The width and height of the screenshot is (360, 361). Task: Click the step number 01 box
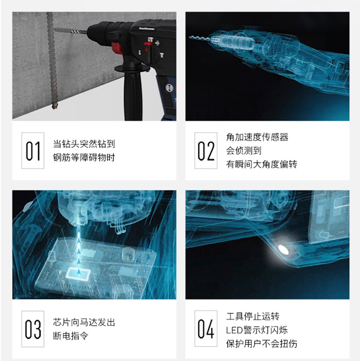(33, 151)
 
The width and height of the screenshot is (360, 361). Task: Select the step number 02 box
(206, 151)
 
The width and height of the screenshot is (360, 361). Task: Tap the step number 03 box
(33, 329)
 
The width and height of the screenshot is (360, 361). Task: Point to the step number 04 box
(206, 329)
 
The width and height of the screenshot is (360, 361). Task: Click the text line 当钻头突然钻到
(84, 144)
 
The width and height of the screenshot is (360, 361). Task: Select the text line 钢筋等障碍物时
(84, 158)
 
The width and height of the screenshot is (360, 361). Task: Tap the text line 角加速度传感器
(257, 137)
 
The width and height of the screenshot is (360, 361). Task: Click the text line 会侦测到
(244, 151)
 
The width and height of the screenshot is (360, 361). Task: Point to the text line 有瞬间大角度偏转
(262, 164)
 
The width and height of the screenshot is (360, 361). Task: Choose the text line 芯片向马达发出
(84, 322)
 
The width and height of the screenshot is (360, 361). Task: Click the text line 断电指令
(71, 336)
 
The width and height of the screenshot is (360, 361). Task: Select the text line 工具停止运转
(252, 316)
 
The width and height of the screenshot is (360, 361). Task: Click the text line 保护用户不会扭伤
(262, 344)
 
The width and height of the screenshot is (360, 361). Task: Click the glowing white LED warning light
(283, 249)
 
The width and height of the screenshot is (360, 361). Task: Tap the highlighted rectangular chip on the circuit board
(78, 274)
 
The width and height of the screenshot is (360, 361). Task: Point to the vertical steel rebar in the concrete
(52, 61)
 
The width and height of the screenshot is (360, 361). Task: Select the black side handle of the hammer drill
(133, 92)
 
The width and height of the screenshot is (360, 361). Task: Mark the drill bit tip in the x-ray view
(190, 37)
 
